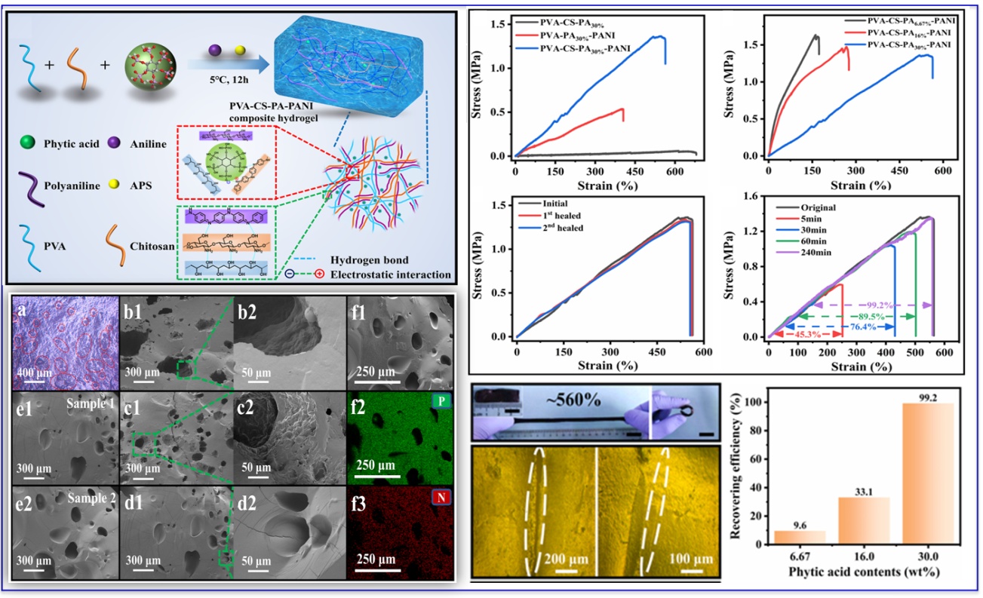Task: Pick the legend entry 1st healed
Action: tap(561, 215)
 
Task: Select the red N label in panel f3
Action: tap(441, 497)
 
